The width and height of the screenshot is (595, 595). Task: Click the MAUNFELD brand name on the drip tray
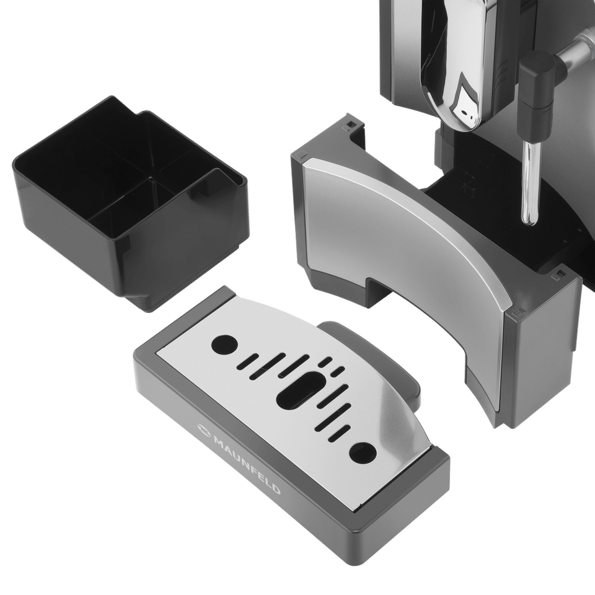pyautogui.click(x=247, y=466)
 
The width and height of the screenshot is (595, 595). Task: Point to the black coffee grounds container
pyautogui.click(x=130, y=203)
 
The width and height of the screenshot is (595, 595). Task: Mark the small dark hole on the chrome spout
pyautogui.click(x=464, y=113)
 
